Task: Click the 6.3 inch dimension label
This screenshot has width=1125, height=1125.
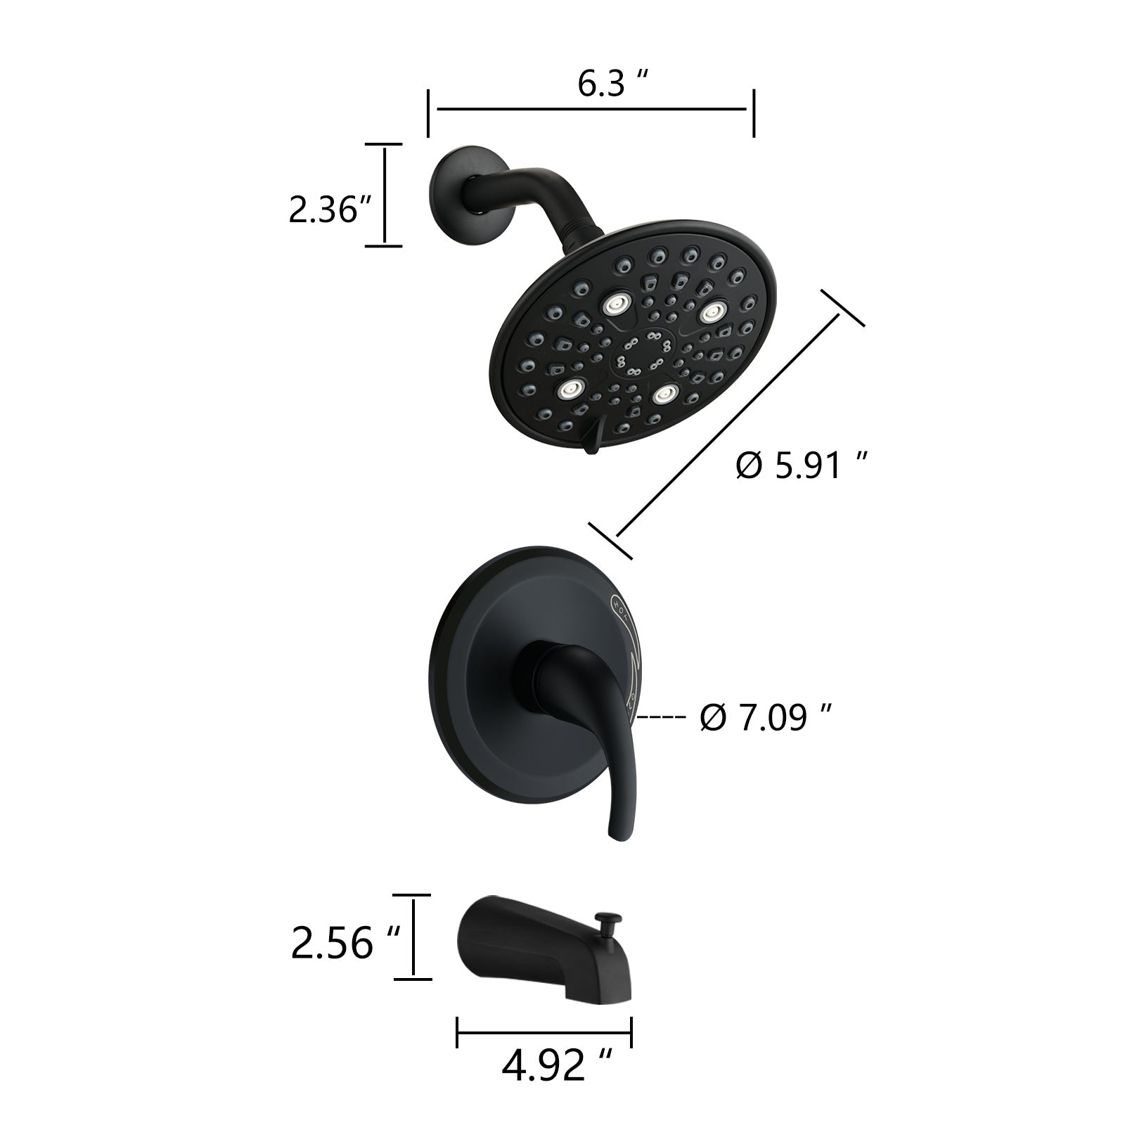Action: (x=612, y=84)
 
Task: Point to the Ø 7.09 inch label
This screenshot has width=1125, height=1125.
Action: (x=766, y=718)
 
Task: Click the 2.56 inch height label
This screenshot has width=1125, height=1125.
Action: (x=345, y=944)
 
